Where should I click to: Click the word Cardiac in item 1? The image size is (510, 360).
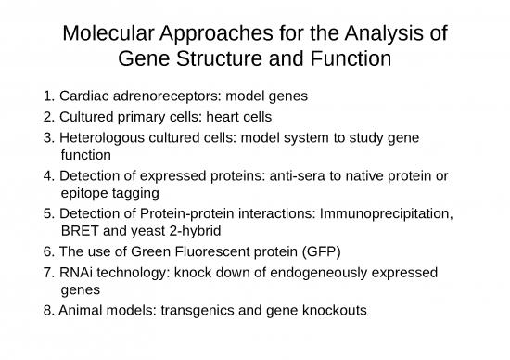click(x=83, y=96)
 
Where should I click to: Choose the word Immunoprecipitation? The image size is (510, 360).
click(x=388, y=214)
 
